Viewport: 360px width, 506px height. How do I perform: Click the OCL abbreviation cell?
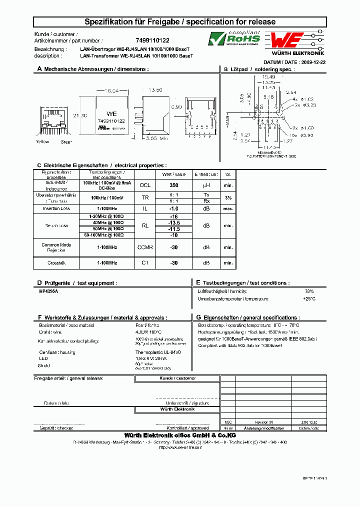[x=145, y=184]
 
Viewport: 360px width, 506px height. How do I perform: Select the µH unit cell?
[x=206, y=184]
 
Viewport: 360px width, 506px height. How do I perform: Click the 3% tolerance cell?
[x=228, y=198]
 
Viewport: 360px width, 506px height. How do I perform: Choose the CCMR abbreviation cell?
[x=145, y=247]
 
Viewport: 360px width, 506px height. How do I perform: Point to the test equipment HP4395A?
[x=49, y=291]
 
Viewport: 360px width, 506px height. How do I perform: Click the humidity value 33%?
[x=309, y=291]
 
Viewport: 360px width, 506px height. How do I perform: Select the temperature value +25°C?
[x=308, y=298]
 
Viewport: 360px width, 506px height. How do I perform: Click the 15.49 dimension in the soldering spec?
[x=268, y=77]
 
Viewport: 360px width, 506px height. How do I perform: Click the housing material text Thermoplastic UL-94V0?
[x=158, y=352]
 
